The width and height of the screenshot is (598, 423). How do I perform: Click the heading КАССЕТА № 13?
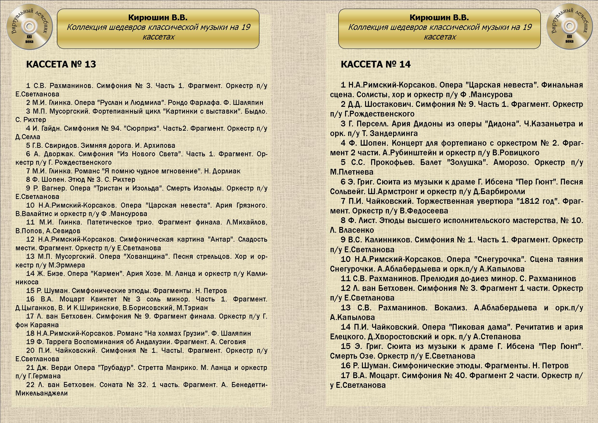[x=61, y=64]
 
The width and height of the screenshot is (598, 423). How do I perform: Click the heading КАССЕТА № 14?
[x=376, y=64]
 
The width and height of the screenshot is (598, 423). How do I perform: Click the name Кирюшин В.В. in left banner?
[x=158, y=17]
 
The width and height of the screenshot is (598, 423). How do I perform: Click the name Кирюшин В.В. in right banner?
[x=439, y=17]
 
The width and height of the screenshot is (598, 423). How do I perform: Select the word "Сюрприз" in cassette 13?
[x=142, y=128]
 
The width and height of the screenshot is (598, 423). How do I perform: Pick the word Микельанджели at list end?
[x=42, y=393]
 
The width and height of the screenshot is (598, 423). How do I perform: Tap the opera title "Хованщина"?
[x=146, y=257]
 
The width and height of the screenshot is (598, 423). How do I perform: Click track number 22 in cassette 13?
[x=30, y=385]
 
